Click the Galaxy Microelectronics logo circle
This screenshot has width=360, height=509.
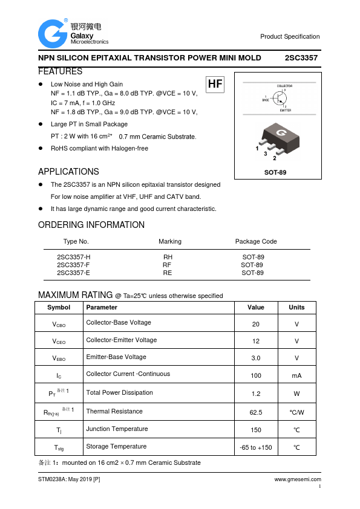53,34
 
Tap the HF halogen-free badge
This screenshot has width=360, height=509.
215,85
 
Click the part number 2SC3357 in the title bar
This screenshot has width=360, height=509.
301,58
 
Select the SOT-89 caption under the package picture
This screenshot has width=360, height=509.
275,173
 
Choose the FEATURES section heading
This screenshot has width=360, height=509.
60,71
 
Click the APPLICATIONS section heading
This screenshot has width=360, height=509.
68,172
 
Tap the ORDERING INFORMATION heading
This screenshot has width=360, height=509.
91,225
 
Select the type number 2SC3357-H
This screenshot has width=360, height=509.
73,257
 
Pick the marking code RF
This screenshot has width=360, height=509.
168,265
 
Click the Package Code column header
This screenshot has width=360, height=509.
256,241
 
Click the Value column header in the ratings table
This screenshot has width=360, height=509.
256,307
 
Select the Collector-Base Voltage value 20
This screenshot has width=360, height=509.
256,324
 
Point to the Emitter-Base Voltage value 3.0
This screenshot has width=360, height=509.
256,358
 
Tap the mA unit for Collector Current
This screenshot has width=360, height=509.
296,376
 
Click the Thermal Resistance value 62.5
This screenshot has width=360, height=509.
256,412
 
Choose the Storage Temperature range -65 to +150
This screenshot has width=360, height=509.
256,447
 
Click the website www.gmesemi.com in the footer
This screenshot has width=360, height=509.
297,479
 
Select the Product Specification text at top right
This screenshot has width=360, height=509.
290,37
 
